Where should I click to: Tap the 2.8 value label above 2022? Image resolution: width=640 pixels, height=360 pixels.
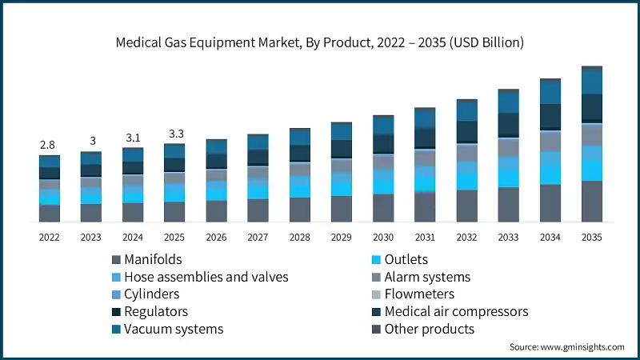49,145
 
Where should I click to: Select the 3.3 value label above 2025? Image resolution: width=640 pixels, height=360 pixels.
174,134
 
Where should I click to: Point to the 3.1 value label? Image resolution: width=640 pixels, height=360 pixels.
133,138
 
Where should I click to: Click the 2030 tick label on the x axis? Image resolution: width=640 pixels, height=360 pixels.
383,238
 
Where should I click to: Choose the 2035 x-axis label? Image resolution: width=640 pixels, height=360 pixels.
591,238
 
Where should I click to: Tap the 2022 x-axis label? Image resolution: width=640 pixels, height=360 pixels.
50,238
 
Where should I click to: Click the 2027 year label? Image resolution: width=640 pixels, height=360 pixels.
258,238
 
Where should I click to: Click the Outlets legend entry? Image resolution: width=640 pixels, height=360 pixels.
406,259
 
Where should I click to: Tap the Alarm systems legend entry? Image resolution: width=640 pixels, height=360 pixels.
427,277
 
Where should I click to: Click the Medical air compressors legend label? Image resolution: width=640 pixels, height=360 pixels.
456,311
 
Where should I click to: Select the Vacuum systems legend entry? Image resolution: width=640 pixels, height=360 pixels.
174,329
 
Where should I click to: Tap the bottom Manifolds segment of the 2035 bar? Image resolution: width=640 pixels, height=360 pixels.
591,202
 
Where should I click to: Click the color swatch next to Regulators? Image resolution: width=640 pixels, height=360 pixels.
117,312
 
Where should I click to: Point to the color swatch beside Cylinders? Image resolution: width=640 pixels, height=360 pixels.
117,294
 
